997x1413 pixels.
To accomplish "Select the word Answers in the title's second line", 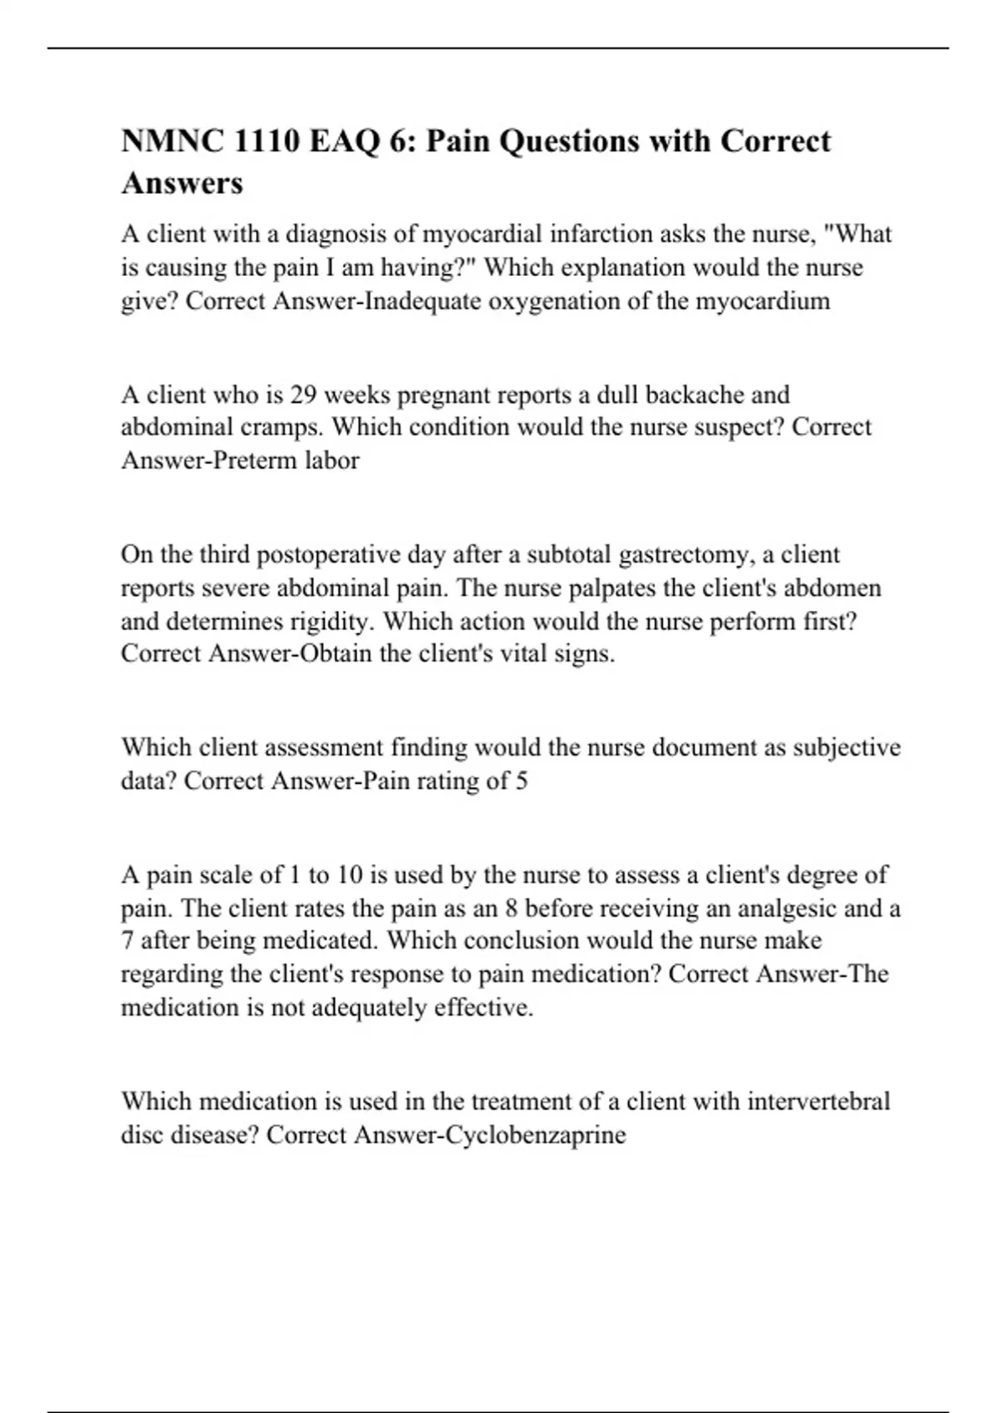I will pyautogui.click(x=182, y=183).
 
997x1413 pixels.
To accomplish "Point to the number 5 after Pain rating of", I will pyautogui.click(x=521, y=781).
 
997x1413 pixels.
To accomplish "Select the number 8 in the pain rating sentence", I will pyautogui.click(x=511, y=908).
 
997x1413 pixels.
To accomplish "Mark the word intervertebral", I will pyautogui.click(x=818, y=1102).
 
